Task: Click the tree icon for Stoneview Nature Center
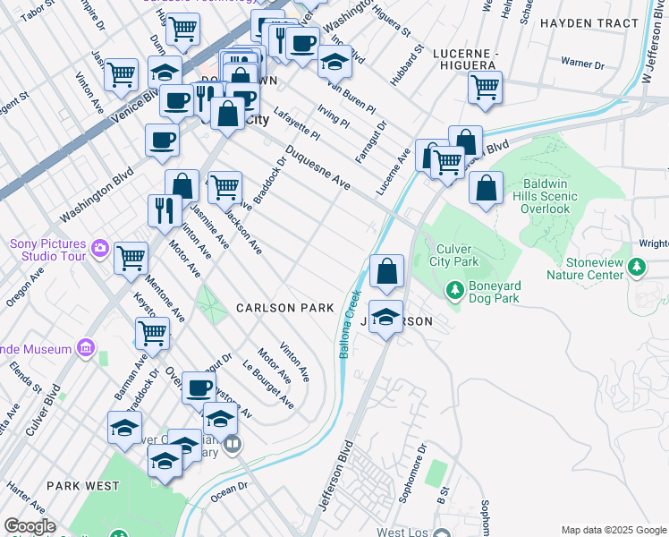(636, 266)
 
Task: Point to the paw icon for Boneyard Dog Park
(454, 290)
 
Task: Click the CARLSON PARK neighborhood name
(284, 308)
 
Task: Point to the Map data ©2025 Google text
(613, 530)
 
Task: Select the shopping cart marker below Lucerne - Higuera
(484, 89)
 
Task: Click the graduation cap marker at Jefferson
(385, 318)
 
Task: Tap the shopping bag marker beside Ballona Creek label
(386, 272)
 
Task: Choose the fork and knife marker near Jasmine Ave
(165, 211)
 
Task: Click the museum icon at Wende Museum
(86, 346)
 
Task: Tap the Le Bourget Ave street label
(268, 384)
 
